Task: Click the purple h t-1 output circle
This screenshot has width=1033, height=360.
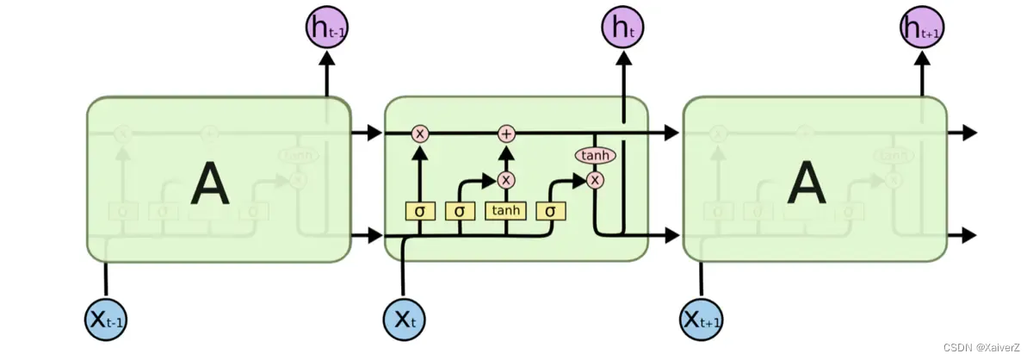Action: click(327, 28)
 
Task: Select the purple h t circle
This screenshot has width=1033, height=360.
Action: click(622, 28)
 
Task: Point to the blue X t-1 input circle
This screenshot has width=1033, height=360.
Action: click(106, 319)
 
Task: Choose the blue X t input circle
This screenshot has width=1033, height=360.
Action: click(404, 319)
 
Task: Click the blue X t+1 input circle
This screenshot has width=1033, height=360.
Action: click(702, 319)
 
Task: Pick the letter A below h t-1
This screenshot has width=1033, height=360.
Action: click(210, 184)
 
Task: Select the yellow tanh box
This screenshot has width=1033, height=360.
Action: click(506, 211)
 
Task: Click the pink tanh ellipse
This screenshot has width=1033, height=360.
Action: click(594, 156)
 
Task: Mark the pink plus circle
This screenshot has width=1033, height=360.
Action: click(506, 133)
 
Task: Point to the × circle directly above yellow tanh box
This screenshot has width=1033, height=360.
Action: click(506, 180)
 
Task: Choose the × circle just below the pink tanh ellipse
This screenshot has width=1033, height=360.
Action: click(594, 180)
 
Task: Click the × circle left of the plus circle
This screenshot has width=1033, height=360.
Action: click(420, 133)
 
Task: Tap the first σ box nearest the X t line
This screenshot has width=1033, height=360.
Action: click(420, 211)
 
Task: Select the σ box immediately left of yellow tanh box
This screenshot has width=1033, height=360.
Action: click(460, 211)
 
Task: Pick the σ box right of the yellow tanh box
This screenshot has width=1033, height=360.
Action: click(550, 211)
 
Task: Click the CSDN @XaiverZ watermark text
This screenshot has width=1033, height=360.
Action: click(986, 347)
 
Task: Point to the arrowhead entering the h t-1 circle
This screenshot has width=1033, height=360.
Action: click(327, 57)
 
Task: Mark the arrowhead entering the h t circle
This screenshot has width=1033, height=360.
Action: click(622, 57)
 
